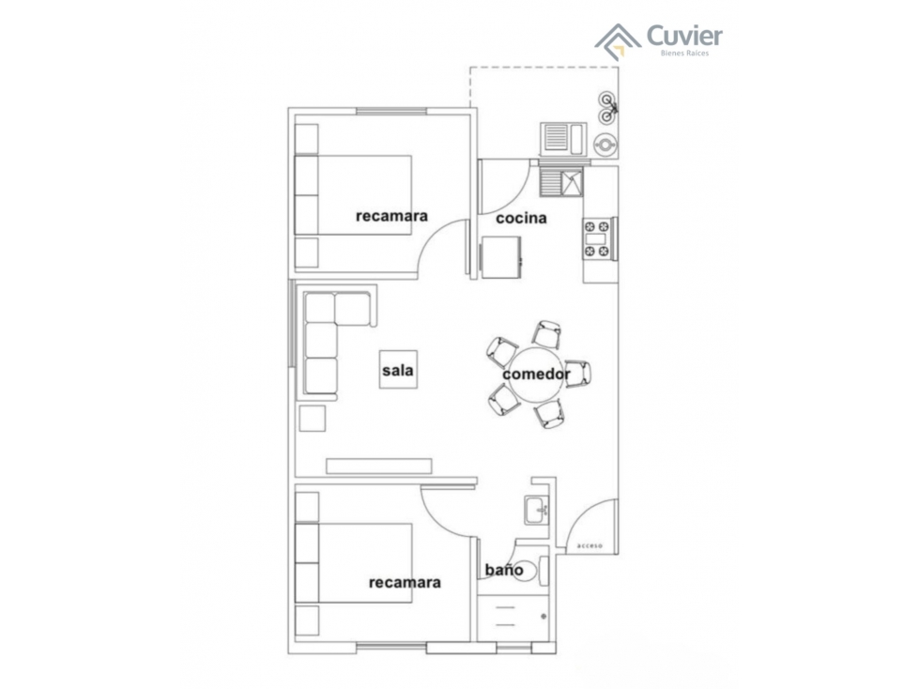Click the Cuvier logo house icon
618,42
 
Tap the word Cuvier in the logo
684,36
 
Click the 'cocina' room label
521,219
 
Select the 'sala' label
398,371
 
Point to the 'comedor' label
536,375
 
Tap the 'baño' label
504,570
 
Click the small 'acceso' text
590,545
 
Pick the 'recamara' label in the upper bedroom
391,216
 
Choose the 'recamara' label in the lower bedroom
405,582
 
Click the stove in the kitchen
598,238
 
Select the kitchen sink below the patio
562,181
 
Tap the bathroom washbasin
536,510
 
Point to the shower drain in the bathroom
544,617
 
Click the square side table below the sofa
312,419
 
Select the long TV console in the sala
379,466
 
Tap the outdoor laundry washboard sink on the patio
563,139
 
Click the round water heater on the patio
605,144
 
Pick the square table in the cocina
500,257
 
